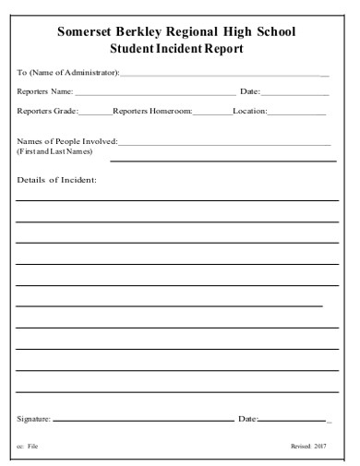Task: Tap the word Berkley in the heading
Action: [x=142, y=32]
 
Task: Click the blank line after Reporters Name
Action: [x=154, y=93]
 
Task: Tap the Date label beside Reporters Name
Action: [x=249, y=91]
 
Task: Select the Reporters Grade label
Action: [x=47, y=112]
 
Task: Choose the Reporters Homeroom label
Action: [x=152, y=112]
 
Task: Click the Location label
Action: [x=249, y=112]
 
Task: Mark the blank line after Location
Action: [x=297, y=114]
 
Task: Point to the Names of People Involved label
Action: [x=66, y=141]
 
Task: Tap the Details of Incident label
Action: [x=56, y=180]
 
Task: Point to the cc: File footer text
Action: [x=29, y=446]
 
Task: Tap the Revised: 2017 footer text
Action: [x=308, y=446]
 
